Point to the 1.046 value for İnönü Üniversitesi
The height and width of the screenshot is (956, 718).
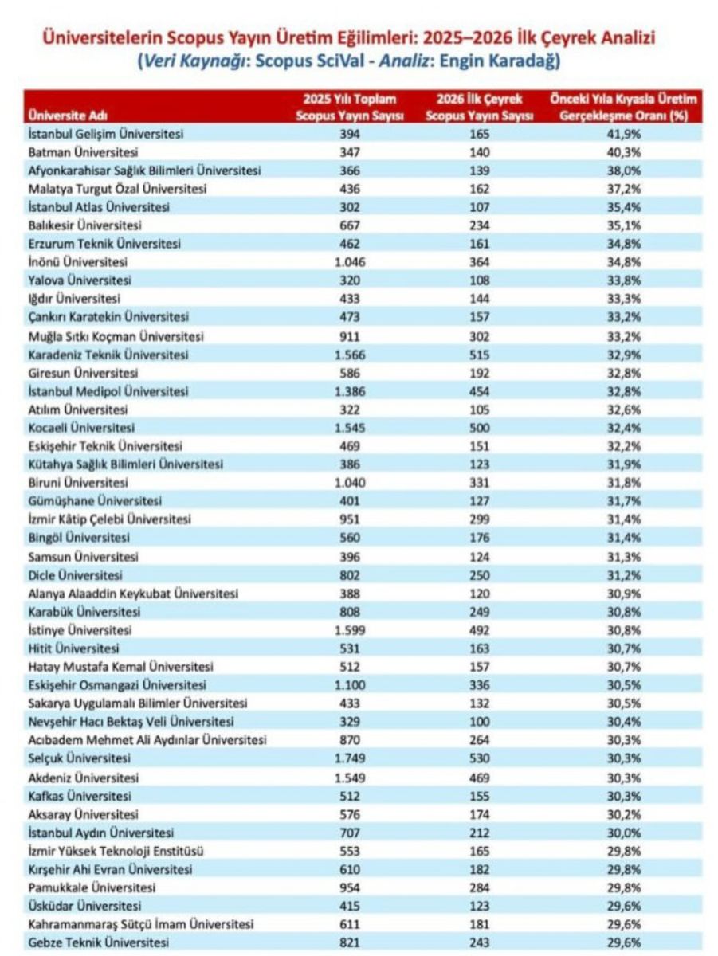(350, 262)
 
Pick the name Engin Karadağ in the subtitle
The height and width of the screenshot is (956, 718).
(512, 60)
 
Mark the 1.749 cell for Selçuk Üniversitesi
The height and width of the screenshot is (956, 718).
(350, 758)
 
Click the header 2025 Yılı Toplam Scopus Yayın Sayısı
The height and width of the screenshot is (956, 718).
(350, 107)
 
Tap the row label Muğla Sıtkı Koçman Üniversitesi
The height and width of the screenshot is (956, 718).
(116, 335)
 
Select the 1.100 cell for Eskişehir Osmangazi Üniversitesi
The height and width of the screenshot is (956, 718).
(350, 685)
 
